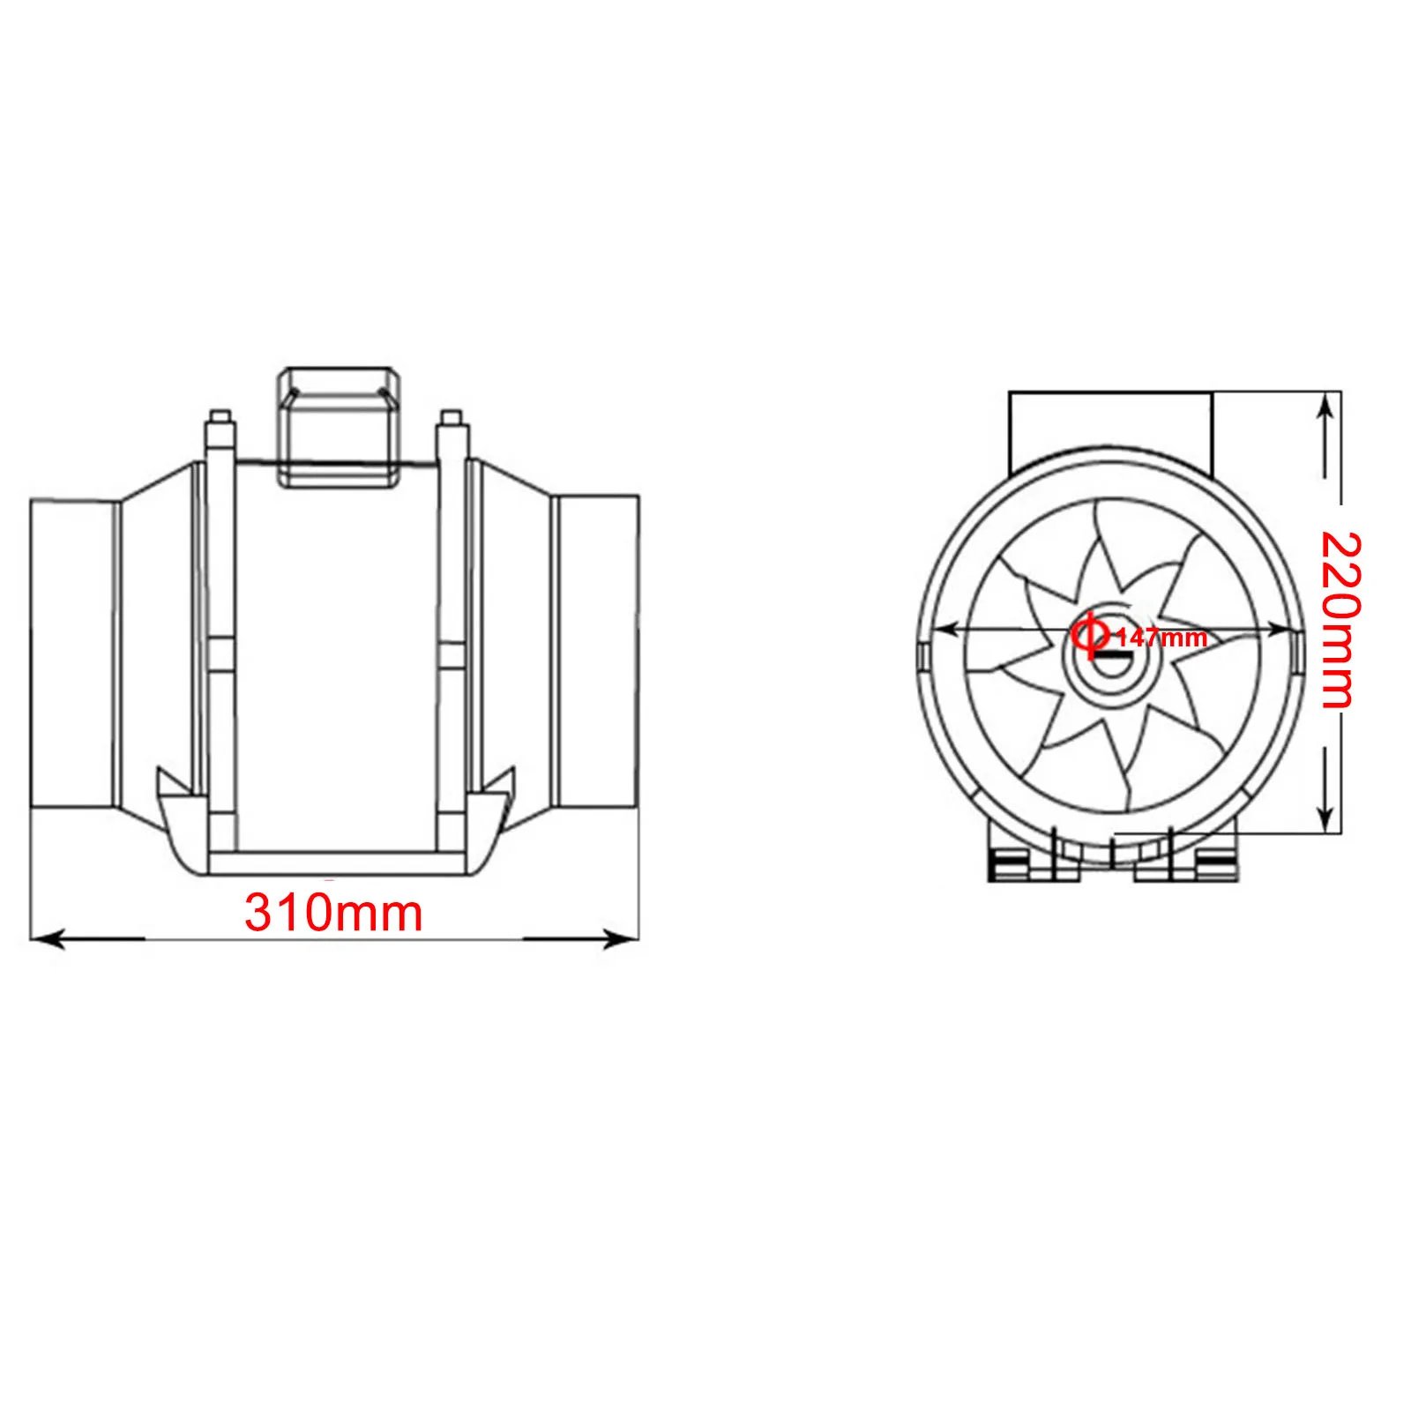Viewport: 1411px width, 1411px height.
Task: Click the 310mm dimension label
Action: click(x=333, y=913)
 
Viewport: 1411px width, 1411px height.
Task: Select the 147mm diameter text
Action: click(x=1161, y=638)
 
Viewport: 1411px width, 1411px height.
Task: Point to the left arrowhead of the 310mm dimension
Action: click(x=44, y=937)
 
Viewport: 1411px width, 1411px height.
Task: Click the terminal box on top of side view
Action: click(x=340, y=428)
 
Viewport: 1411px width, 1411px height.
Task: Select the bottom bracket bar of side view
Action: click(x=334, y=861)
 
